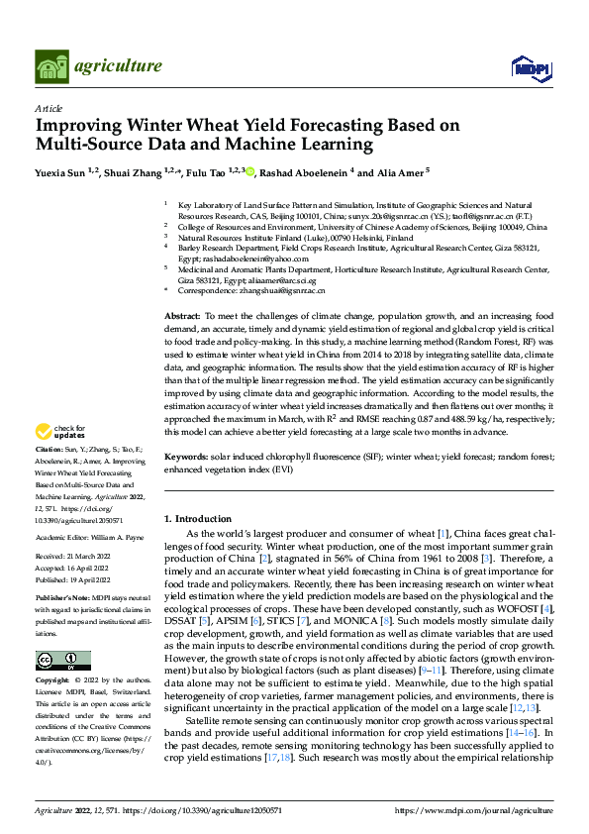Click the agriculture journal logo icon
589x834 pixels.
coord(53,66)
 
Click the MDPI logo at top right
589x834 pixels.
coord(530,67)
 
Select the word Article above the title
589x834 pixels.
coord(49,108)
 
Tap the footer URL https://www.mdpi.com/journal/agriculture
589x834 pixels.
coord(472,809)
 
